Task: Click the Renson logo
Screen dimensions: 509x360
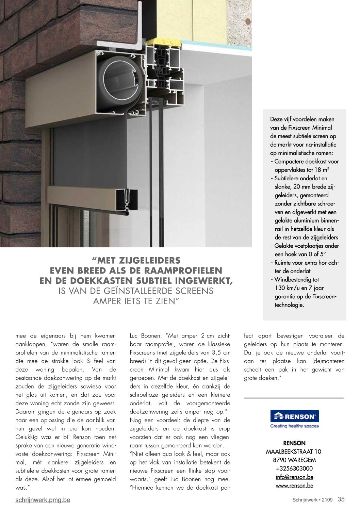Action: tap(294, 416)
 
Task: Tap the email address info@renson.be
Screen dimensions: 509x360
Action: tap(294, 477)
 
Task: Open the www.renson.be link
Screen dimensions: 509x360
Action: tap(294, 486)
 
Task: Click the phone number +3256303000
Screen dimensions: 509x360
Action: tap(294, 469)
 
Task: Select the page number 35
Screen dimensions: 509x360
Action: tap(341, 499)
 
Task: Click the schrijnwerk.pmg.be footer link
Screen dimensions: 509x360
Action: tap(43, 500)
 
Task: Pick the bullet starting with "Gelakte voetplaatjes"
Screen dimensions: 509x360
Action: tap(306, 246)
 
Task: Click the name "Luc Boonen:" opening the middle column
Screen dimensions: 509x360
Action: tap(147, 336)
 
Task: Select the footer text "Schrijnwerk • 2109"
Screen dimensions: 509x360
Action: tap(312, 500)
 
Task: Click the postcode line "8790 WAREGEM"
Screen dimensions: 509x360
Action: tap(294, 460)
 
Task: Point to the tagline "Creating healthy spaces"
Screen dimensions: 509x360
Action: tap(294, 426)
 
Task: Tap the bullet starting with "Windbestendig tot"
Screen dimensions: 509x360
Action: tap(297, 280)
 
